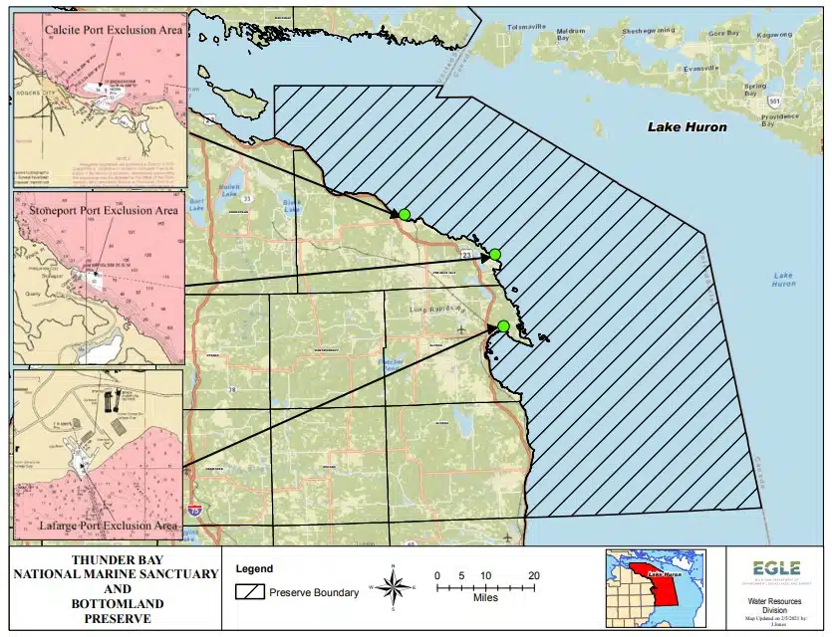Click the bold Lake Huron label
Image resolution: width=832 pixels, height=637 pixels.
(688, 127)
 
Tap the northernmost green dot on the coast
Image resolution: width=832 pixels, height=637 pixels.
(405, 214)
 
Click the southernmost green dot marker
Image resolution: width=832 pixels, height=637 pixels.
(503, 326)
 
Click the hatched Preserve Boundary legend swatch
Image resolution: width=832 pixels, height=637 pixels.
(249, 592)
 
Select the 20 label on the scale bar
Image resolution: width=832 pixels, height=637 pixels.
(534, 575)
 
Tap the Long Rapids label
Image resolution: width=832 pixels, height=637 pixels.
(430, 310)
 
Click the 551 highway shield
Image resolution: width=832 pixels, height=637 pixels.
(774, 102)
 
